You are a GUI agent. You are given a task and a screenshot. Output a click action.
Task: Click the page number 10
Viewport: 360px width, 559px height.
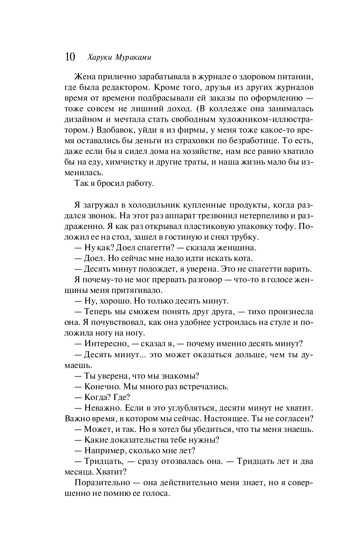tap(70, 57)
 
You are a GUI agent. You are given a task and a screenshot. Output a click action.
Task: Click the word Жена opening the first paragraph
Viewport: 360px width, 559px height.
tap(85, 77)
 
